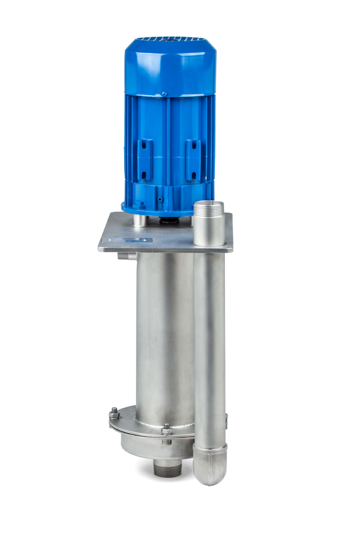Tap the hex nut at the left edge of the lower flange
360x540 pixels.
pyautogui.click(x=114, y=415)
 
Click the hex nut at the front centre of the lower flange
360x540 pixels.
pyautogui.click(x=167, y=430)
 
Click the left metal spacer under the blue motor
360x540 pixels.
pyautogui.click(x=139, y=220)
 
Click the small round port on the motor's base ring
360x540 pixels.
pyautogui.click(x=160, y=198)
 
